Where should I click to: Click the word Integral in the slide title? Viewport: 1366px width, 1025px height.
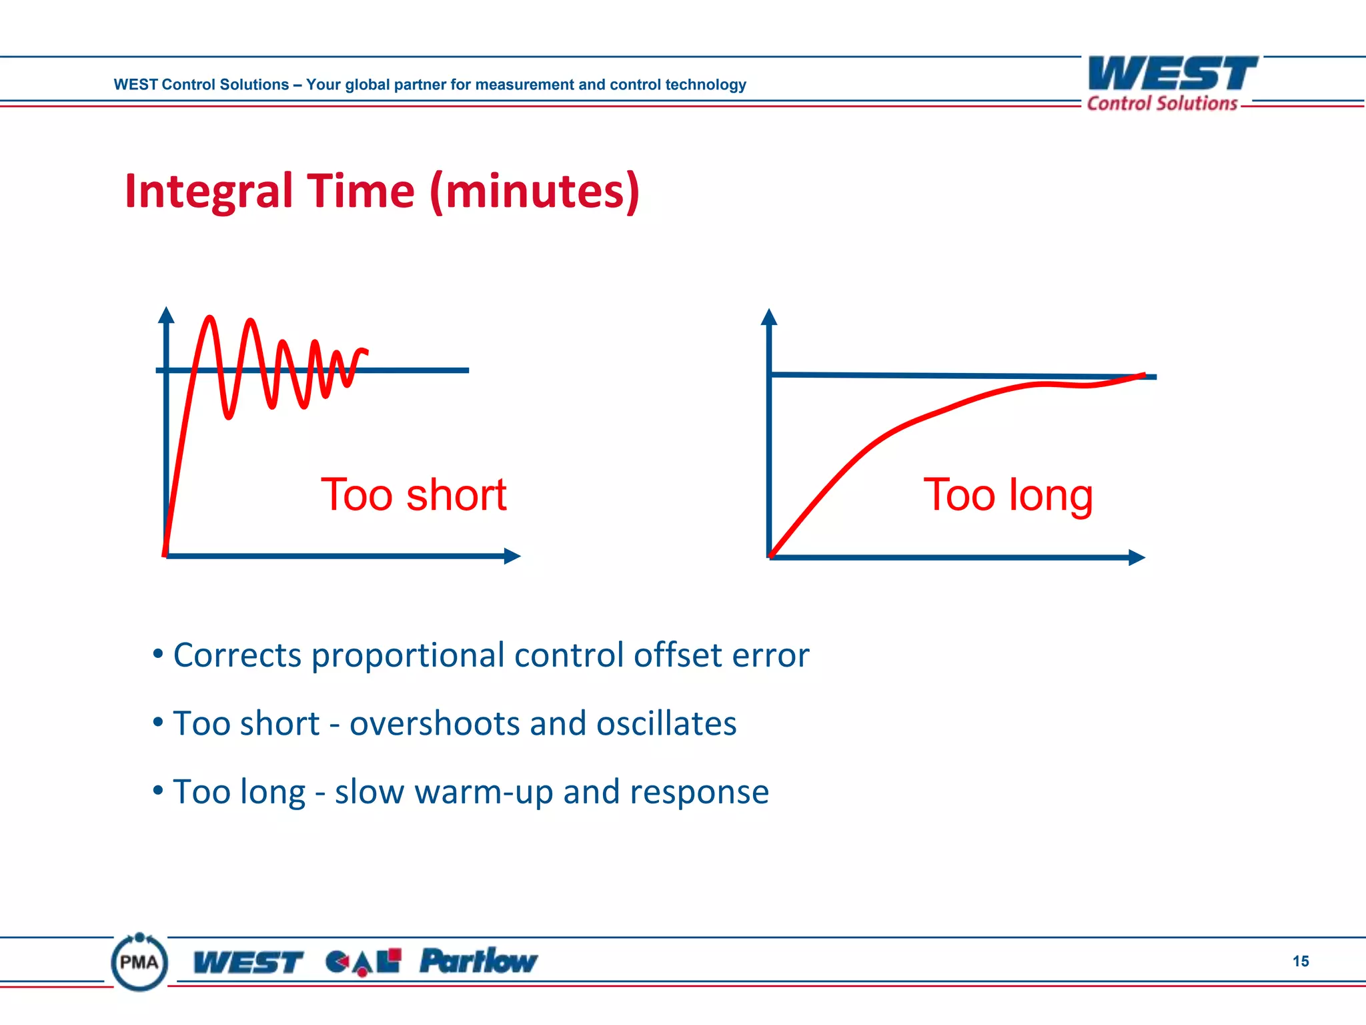pyautogui.click(x=209, y=192)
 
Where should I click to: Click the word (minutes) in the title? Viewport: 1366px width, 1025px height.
pyautogui.click(x=535, y=192)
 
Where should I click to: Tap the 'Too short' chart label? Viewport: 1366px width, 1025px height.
pyautogui.click(x=414, y=495)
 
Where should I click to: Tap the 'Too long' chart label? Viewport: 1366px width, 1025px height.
pyautogui.click(x=1008, y=496)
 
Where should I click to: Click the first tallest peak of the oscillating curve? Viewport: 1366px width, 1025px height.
pyautogui.click(x=210, y=319)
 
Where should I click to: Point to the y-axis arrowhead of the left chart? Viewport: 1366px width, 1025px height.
pyautogui.click(x=167, y=315)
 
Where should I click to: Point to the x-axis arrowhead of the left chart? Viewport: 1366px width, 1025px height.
pyautogui.click(x=512, y=556)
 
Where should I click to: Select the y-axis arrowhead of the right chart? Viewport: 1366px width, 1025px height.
pyautogui.click(x=769, y=316)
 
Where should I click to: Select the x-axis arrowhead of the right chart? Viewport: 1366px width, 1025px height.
pyautogui.click(x=1137, y=557)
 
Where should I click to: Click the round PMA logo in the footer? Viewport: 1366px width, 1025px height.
pyautogui.click(x=139, y=962)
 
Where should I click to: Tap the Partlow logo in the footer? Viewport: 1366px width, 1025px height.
pyautogui.click(x=478, y=962)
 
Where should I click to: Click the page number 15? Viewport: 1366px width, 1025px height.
pyautogui.click(x=1301, y=961)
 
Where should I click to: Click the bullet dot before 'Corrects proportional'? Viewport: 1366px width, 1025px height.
pyautogui.click(x=158, y=654)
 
